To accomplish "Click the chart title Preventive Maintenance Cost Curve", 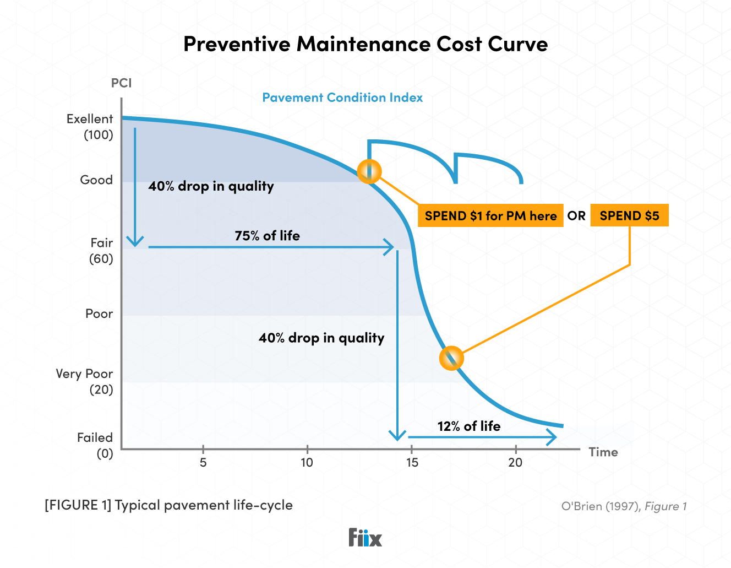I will pos(365,44).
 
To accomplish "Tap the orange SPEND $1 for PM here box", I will pos(490,215).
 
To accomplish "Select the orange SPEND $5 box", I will pos(629,215).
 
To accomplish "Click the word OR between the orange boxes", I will pos(576,215).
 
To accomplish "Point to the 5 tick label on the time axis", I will pos(203,463).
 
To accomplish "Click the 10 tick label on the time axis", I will pos(307,463).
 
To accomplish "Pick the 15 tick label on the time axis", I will pos(412,463).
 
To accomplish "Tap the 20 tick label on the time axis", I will pos(515,463).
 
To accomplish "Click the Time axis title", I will pos(603,452).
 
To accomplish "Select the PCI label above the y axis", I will pos(121,83).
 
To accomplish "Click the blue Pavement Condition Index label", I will pos(342,98).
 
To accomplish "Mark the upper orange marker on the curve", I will pos(369,171).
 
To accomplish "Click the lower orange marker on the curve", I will pos(451,358).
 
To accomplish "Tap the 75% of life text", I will pos(267,236).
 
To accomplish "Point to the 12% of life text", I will pos(469,426).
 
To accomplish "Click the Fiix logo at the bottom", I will pos(365,537).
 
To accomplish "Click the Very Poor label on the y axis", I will pos(84,374).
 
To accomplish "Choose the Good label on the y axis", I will pos(96,180).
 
